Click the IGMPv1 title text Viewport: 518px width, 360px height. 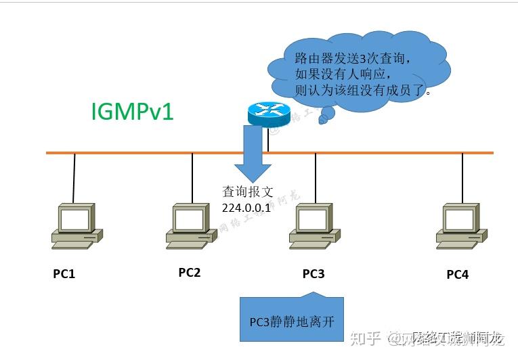click(x=132, y=112)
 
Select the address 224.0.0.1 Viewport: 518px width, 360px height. click(x=246, y=208)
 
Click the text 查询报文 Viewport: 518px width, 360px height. click(x=246, y=192)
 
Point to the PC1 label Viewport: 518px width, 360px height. click(x=64, y=274)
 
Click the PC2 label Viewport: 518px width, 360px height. click(x=190, y=273)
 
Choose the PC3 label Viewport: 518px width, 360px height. click(x=314, y=273)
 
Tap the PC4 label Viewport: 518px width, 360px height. click(x=457, y=275)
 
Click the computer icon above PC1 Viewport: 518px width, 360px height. click(x=76, y=226)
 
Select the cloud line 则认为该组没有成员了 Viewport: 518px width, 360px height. click(x=363, y=89)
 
